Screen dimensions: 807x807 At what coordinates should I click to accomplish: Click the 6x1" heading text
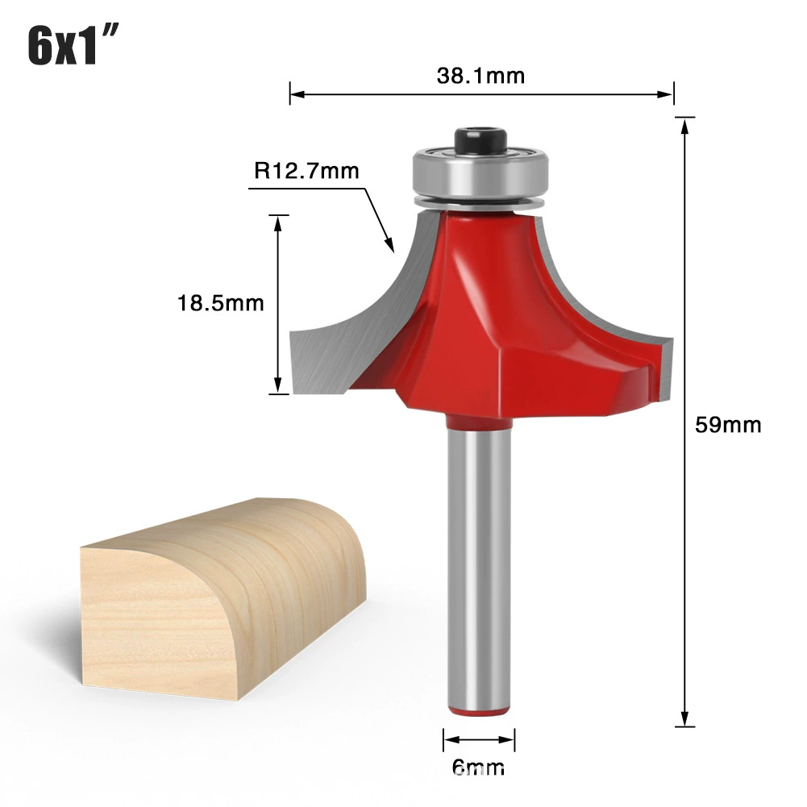coord(73,45)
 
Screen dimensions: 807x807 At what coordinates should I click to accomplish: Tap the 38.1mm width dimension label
coord(480,76)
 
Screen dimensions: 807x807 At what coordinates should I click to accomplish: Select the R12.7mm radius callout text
coord(306,170)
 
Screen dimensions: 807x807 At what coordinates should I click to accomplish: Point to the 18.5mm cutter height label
coord(220,303)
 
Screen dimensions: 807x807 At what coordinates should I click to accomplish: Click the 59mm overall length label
coord(728,425)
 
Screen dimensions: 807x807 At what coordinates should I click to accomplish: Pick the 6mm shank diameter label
coord(478,767)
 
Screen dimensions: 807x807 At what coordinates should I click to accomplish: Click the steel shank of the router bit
coord(479,566)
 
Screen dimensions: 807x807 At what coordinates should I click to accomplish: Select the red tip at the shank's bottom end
coord(479,711)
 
